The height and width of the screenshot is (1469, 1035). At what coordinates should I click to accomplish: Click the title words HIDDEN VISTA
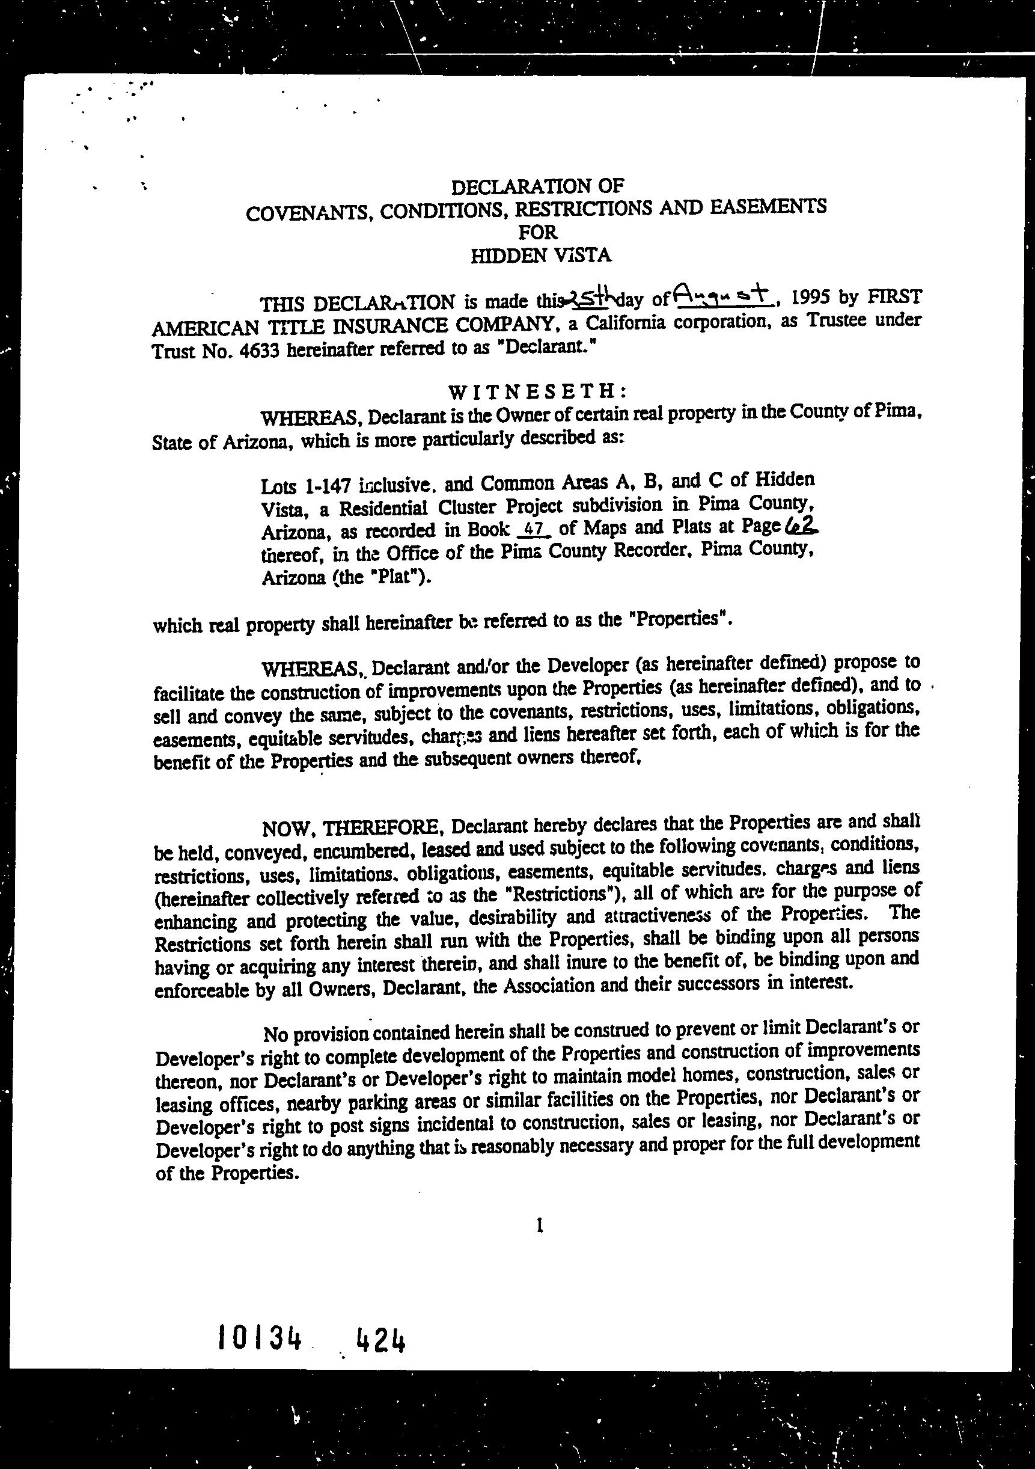click(541, 257)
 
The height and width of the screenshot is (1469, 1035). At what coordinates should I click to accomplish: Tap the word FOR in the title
click(539, 232)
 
